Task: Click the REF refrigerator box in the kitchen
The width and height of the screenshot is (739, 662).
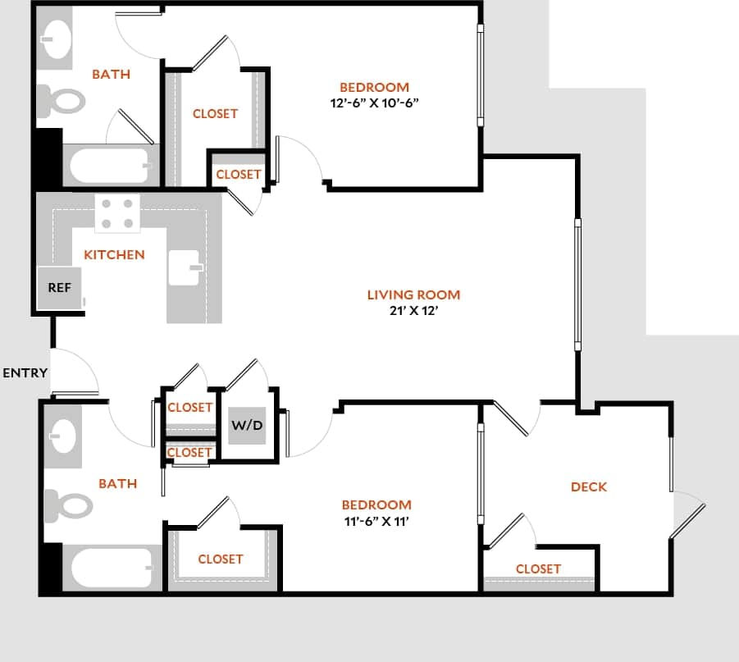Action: [x=59, y=289]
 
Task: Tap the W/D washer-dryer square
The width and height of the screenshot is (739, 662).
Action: [x=246, y=425]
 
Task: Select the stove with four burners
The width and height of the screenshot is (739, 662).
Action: [x=117, y=213]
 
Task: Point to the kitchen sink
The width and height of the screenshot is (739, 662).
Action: [x=185, y=267]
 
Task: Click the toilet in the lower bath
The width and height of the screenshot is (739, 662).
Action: [x=66, y=504]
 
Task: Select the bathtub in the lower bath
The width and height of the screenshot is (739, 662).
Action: [x=111, y=568]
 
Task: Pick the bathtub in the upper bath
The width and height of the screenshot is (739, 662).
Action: [x=110, y=167]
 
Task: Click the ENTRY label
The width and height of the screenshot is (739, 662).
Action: [x=25, y=373]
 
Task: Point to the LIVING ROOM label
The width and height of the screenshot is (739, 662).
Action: [x=413, y=294]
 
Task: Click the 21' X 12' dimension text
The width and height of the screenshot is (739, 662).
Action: [x=413, y=311]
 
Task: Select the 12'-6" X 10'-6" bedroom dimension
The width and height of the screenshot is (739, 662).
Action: [x=375, y=103]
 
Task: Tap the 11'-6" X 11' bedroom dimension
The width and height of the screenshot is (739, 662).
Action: [x=376, y=521]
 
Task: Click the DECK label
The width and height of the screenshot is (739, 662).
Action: [x=589, y=486]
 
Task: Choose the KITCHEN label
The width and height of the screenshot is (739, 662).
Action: [x=114, y=254]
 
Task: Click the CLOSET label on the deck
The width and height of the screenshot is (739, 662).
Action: [x=538, y=568]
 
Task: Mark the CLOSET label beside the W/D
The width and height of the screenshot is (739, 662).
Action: [x=189, y=408]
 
